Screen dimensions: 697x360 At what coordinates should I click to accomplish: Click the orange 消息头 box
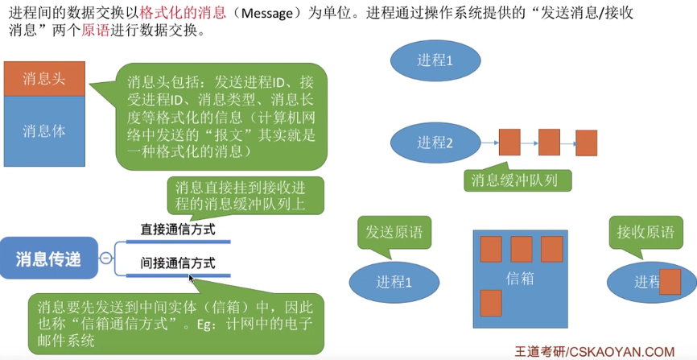43,78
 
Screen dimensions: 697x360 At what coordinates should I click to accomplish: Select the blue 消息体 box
43,130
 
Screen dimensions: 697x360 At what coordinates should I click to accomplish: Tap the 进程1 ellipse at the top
435,60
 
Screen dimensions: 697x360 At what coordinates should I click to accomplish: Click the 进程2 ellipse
435,143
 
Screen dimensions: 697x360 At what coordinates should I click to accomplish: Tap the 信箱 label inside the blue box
520,279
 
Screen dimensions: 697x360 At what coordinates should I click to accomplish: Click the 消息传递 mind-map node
49,259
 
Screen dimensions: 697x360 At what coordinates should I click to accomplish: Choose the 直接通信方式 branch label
178,229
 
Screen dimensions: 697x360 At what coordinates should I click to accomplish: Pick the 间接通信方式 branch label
178,263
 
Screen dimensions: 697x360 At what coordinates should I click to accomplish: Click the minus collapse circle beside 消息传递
105,259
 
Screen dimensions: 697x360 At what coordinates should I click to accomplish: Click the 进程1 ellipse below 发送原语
394,282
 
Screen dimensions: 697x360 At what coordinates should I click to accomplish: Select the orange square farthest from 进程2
586,143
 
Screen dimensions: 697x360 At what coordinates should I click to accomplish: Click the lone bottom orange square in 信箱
491,303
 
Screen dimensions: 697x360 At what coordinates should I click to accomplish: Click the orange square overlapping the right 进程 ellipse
670,282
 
